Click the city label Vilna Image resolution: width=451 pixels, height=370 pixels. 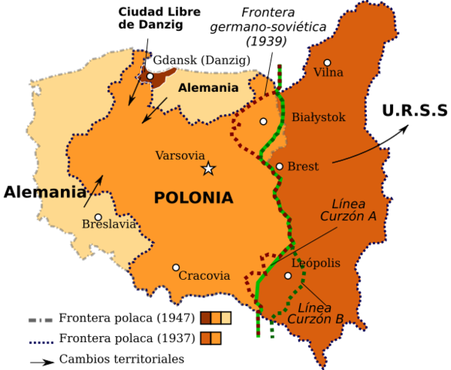click(328, 73)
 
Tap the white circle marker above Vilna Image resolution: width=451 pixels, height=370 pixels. click(327, 62)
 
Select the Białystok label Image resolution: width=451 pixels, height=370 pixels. click(318, 118)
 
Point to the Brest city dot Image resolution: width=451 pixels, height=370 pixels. click(280, 166)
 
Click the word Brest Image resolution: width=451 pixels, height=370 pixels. click(303, 166)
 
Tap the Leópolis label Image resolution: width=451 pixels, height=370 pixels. click(316, 264)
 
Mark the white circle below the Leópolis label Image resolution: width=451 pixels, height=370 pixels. click(288, 275)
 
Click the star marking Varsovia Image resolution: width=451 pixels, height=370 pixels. click(208, 168)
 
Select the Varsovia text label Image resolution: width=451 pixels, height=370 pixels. click(180, 156)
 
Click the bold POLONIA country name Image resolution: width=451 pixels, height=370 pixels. click(194, 198)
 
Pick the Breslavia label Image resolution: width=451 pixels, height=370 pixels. click(109, 225)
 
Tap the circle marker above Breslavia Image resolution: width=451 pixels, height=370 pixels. click(98, 217)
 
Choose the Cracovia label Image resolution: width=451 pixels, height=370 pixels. click(204, 276)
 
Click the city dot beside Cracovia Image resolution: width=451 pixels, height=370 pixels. click(176, 267)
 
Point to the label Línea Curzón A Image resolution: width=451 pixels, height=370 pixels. click(348, 210)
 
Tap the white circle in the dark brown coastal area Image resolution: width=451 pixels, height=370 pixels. click(150, 76)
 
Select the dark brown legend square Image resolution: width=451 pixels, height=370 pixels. click(206, 318)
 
